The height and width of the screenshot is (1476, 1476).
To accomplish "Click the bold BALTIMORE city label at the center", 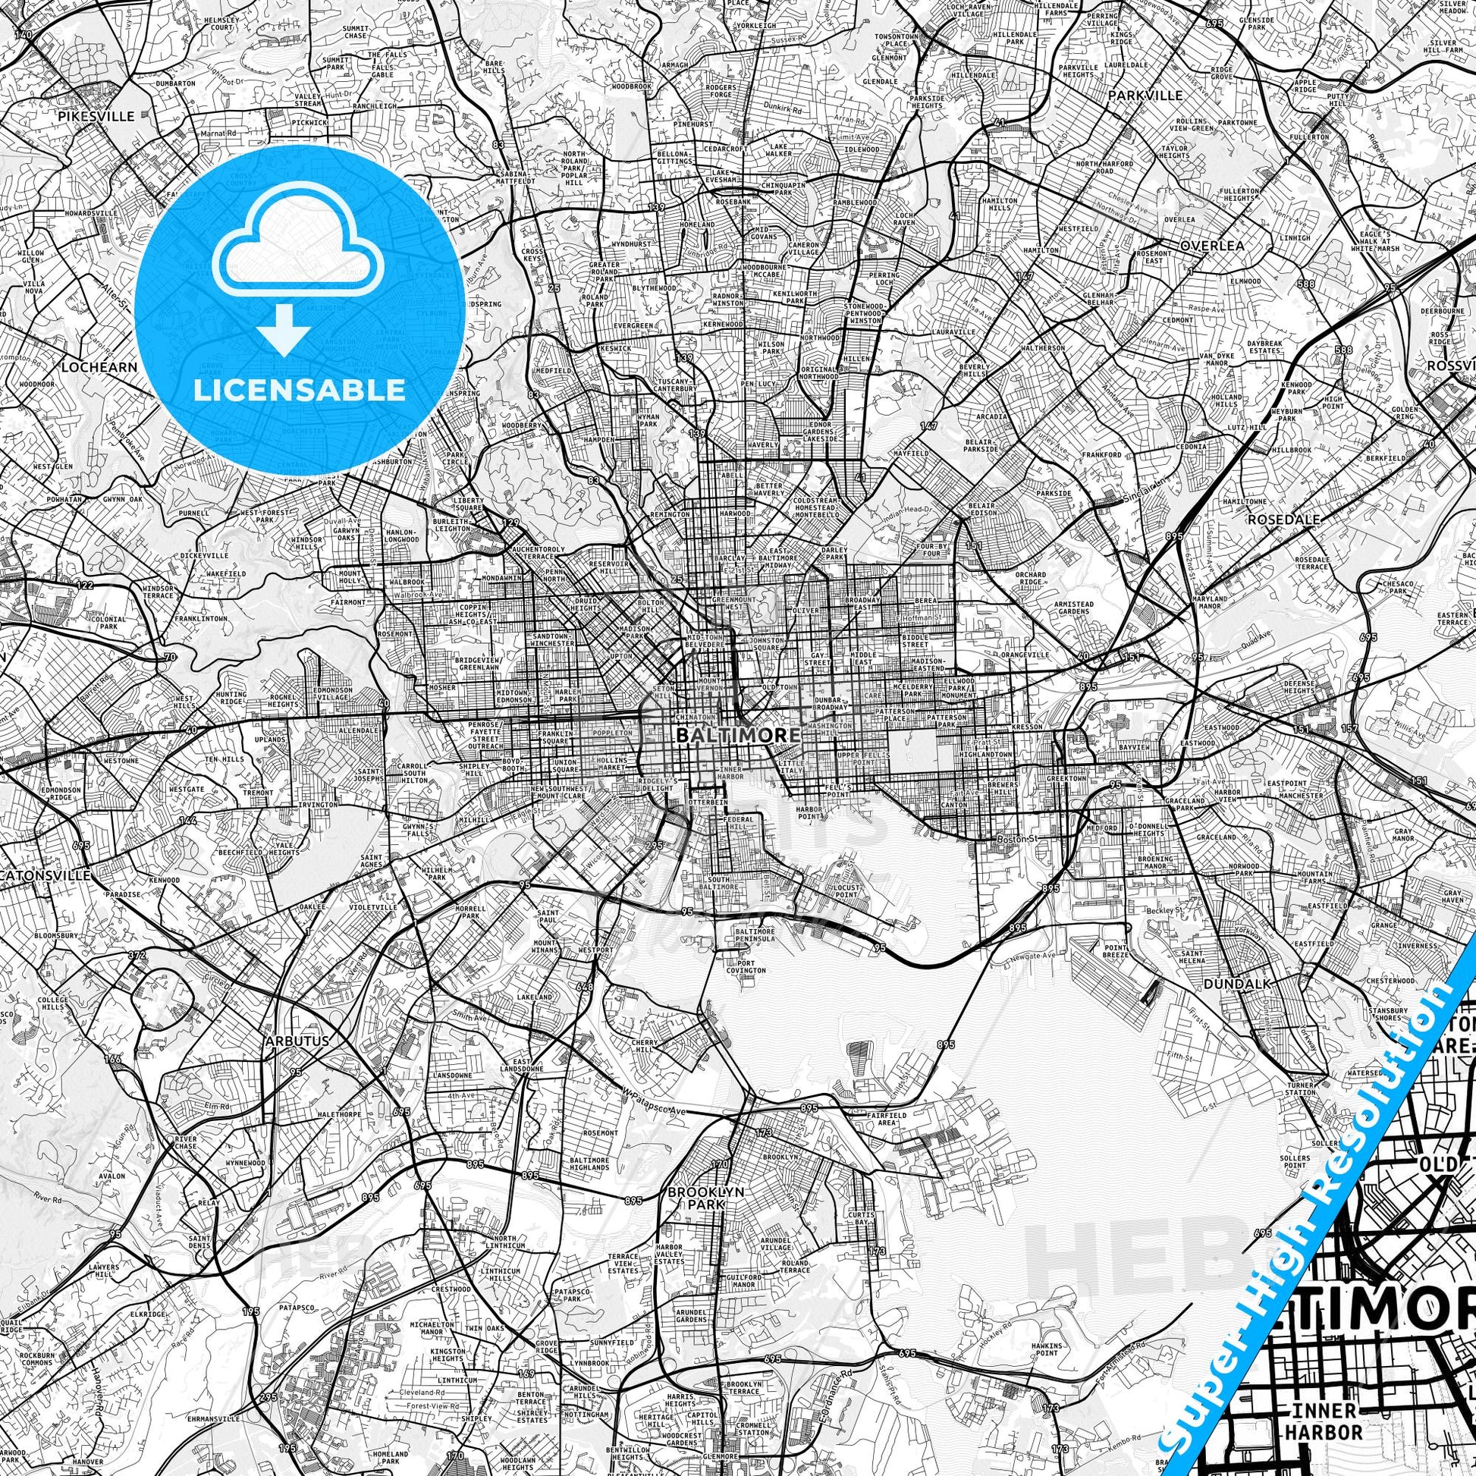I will pos(737,735).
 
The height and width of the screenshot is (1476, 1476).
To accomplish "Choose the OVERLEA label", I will pos(1211,246).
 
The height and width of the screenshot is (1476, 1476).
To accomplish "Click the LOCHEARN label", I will pos(99,366).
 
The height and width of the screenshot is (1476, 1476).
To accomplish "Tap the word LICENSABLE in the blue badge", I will pos(300,390).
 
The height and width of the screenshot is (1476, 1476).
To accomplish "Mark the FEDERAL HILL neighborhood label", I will pos(740,824).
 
